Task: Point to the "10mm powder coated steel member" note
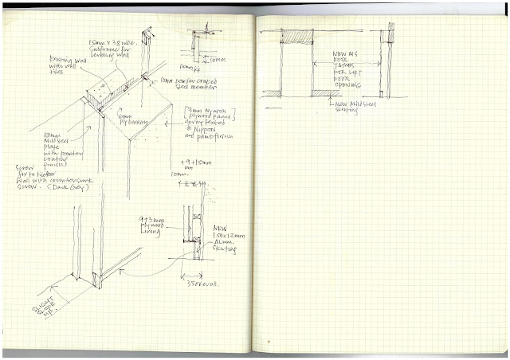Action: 188,83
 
